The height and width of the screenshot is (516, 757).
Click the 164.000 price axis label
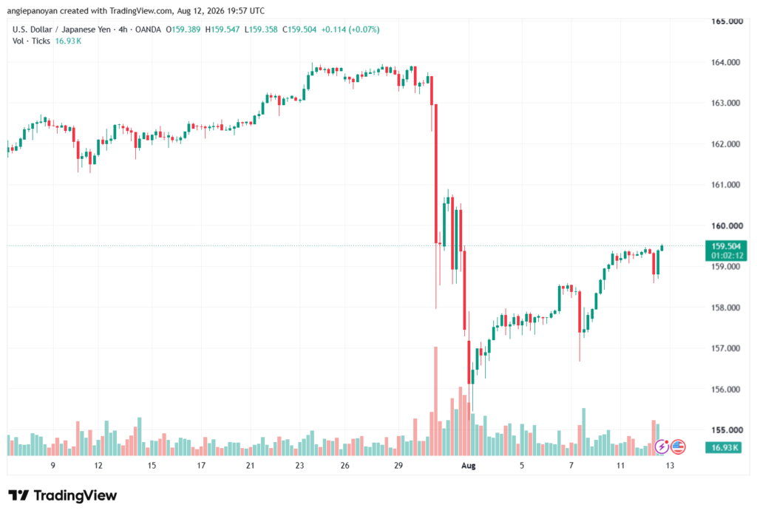(725, 62)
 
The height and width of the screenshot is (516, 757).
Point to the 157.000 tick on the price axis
(725, 348)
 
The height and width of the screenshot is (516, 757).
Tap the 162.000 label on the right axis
(725, 144)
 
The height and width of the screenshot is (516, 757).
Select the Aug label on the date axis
(468, 466)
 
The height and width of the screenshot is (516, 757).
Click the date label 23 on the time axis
(299, 466)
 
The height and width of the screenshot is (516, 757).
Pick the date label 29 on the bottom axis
(398, 466)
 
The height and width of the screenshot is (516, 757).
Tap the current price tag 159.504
(726, 246)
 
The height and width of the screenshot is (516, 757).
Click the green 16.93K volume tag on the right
(725, 447)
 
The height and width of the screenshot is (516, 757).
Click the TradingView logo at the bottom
(63, 495)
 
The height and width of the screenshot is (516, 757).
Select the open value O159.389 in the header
(183, 30)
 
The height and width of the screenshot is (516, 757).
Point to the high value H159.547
(223, 30)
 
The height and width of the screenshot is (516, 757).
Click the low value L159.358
(261, 30)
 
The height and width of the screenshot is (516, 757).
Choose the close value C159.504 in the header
(299, 30)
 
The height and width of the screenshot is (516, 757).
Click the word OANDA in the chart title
(148, 30)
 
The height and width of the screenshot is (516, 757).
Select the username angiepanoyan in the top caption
(33, 10)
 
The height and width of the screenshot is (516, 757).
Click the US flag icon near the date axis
(678, 447)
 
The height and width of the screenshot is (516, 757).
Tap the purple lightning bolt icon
(662, 447)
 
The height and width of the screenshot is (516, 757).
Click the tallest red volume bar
(435, 401)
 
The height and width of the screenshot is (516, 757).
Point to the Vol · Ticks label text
(31, 41)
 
